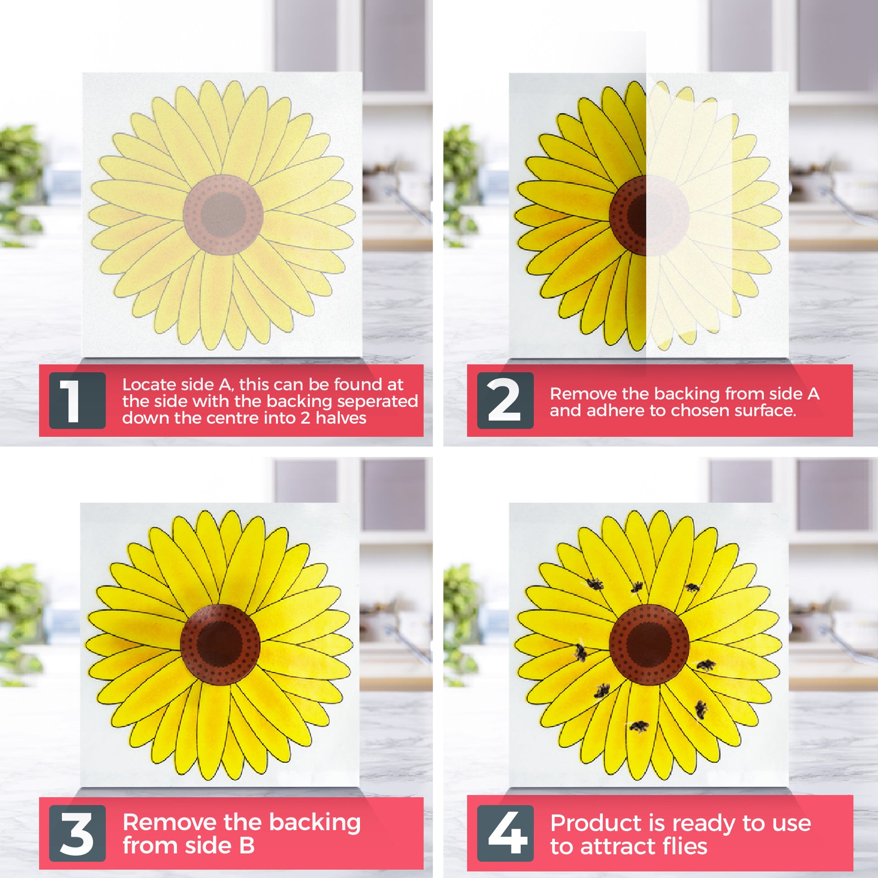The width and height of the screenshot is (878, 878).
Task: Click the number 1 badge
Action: coord(77,400)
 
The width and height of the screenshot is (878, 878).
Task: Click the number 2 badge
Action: coord(505,400)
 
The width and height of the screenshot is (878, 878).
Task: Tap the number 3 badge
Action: coord(77,833)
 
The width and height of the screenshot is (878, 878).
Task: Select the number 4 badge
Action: coord(505,833)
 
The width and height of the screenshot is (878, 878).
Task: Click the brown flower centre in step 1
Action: coord(223,214)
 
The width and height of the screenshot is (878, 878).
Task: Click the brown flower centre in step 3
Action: coord(220,644)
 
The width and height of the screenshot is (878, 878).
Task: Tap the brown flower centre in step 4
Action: coord(649,644)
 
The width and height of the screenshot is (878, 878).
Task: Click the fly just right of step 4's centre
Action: coord(705,666)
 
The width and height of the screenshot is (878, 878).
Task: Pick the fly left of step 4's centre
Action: coord(580,652)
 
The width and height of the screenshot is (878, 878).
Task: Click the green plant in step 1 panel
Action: coord(20,182)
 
